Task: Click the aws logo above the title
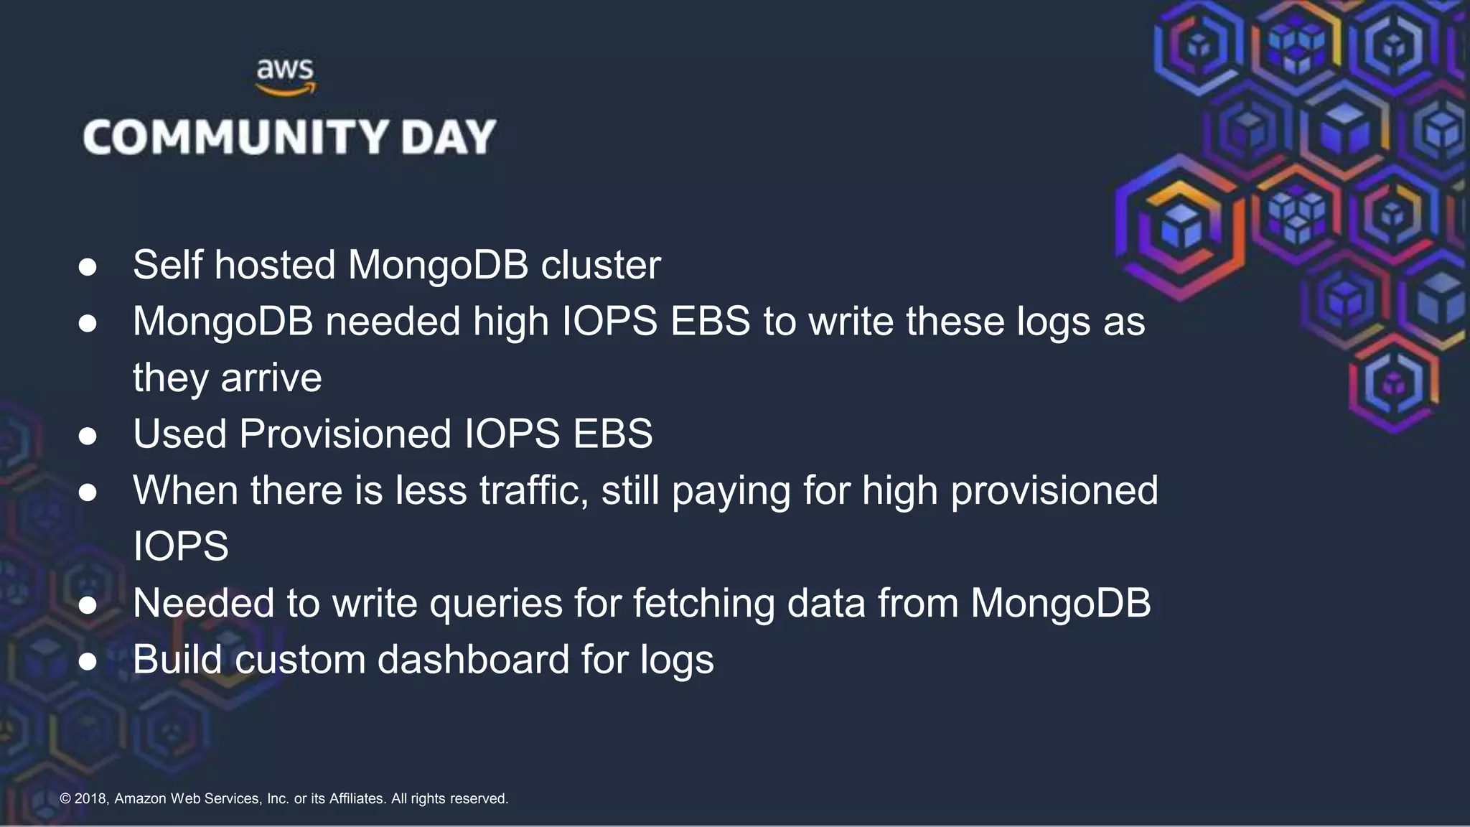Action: coord(286,77)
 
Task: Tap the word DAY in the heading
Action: coord(449,137)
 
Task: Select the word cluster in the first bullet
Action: coord(600,265)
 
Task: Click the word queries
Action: coord(496,604)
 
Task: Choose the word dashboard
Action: coord(473,660)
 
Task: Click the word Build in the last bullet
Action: coord(177,660)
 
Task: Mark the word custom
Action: coord(300,660)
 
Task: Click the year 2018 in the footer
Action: coord(90,798)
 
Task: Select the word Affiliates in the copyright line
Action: coord(357,798)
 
